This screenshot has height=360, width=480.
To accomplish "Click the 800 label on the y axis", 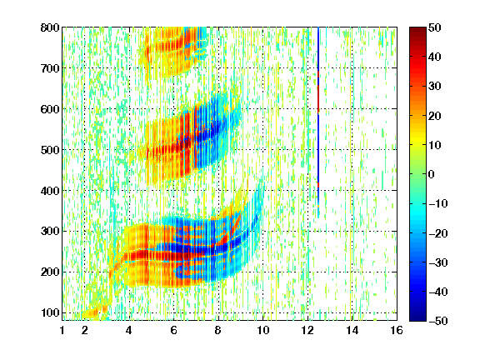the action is pyautogui.click(x=50, y=27).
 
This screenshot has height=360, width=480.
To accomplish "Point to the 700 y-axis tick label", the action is pyautogui.click(x=50, y=68).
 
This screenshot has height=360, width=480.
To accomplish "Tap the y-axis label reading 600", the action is pyautogui.click(x=50, y=109).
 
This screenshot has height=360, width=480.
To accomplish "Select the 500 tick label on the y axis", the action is pyautogui.click(x=50, y=150).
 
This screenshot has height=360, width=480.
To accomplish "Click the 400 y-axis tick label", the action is pyautogui.click(x=50, y=191).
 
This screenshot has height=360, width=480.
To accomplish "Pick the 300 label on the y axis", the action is pyautogui.click(x=50, y=231).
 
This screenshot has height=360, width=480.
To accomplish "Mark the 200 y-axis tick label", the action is pyautogui.click(x=50, y=272).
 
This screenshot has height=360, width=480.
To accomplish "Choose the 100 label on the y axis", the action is pyautogui.click(x=50, y=312).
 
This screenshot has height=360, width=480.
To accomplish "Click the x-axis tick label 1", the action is pyautogui.click(x=62, y=330).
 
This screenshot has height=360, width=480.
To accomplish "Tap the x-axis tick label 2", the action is pyautogui.click(x=85, y=330).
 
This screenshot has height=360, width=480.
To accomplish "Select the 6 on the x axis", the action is pyautogui.click(x=174, y=330).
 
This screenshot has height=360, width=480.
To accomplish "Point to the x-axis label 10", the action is pyautogui.click(x=263, y=330).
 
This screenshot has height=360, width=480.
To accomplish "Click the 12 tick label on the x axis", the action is pyautogui.click(x=307, y=330).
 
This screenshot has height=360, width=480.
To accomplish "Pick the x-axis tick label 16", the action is pyautogui.click(x=397, y=330).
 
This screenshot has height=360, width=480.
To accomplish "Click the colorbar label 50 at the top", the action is pyautogui.click(x=435, y=27).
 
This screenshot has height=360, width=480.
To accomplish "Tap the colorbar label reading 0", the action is pyautogui.click(x=432, y=174).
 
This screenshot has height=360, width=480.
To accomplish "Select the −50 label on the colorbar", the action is pyautogui.click(x=438, y=321).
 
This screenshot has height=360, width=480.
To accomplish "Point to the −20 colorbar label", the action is pyautogui.click(x=438, y=233).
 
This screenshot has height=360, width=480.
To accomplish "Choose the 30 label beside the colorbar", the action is pyautogui.click(x=435, y=87).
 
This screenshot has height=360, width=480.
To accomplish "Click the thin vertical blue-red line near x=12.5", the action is pyautogui.click(x=318, y=122).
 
